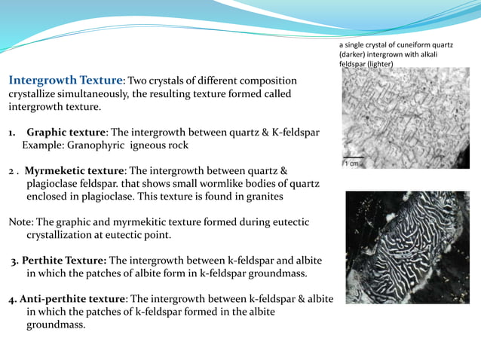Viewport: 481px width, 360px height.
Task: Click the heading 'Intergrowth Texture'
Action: click(x=66, y=81)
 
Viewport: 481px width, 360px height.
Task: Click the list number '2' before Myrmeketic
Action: click(x=12, y=171)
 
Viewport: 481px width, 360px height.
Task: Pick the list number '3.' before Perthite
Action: click(x=14, y=261)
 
